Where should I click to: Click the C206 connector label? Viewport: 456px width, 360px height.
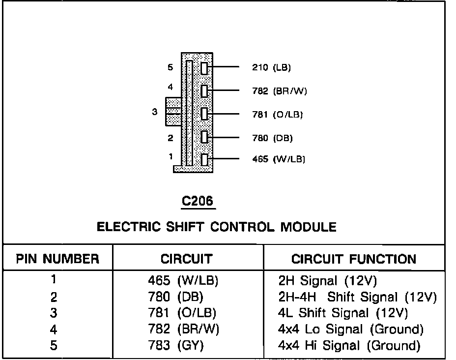pyautogui.click(x=199, y=201)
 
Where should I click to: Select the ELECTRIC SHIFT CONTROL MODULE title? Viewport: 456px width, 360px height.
pyautogui.click(x=217, y=227)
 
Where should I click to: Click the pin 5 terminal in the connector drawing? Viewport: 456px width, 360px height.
pyautogui.click(x=205, y=68)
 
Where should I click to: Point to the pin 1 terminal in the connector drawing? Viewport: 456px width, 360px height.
pyautogui.click(x=205, y=159)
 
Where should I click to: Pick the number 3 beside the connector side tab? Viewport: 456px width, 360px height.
pyautogui.click(x=155, y=112)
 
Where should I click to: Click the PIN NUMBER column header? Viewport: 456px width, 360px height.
pyautogui.click(x=57, y=259)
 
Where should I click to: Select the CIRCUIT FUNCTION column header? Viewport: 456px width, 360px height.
pyautogui.click(x=354, y=259)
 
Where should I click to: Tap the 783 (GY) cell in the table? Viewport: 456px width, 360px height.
pyautogui.click(x=176, y=346)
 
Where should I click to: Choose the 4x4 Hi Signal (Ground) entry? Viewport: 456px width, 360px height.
pyautogui.click(x=349, y=346)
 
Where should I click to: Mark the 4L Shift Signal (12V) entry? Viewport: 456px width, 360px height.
pyautogui.click(x=343, y=313)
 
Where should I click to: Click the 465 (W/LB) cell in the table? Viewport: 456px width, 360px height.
pyautogui.click(x=183, y=281)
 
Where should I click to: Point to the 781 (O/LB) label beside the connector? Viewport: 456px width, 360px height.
pyautogui.click(x=277, y=115)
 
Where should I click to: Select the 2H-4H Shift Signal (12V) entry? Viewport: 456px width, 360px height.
pyautogui.click(x=357, y=297)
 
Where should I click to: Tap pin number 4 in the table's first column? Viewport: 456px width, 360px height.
pyautogui.click(x=54, y=330)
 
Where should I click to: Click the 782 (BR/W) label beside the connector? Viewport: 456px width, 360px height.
pyautogui.click(x=279, y=91)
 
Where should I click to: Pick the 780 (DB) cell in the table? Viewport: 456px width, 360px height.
pyautogui.click(x=175, y=297)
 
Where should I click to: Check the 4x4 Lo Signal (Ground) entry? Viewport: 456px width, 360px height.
pyautogui.click(x=351, y=330)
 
